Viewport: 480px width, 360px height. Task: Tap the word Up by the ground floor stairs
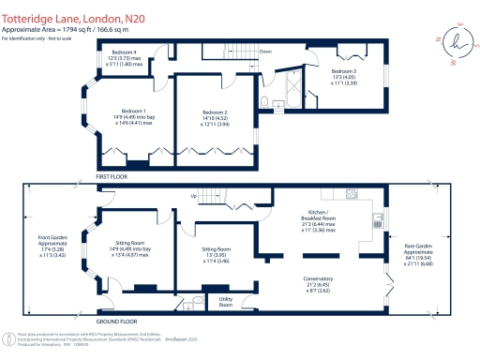click(194, 196)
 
